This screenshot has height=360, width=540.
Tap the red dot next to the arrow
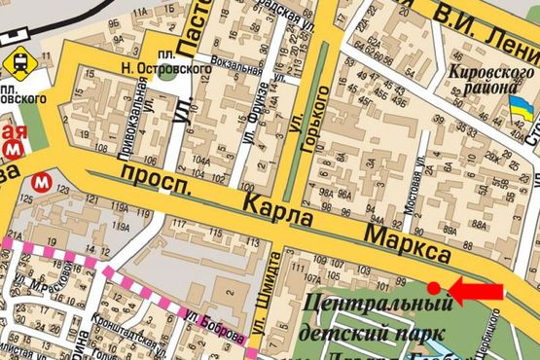pos(435,287)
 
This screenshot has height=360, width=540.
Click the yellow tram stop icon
pos(17,62)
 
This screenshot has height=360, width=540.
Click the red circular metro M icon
pos(42,181)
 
